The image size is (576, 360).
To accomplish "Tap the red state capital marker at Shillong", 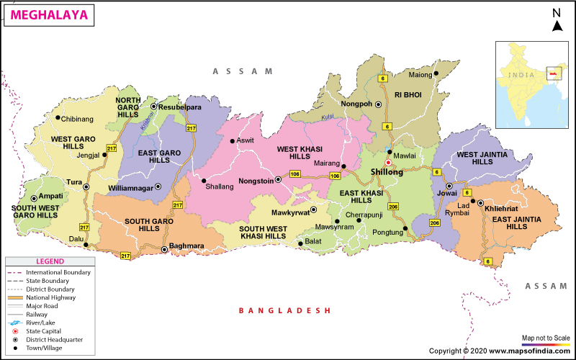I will point(388,163).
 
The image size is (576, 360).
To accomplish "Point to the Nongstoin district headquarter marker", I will point(279,180).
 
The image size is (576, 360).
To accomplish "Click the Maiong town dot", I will point(436,74).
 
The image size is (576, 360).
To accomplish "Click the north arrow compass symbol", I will point(557,21).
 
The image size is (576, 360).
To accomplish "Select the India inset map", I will point(534,86).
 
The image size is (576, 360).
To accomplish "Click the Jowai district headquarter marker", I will point(449,186).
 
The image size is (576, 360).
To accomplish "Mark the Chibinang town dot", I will point(58,117).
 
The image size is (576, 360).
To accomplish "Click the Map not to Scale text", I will point(546,338).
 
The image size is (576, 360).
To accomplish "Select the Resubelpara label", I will point(179,107).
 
